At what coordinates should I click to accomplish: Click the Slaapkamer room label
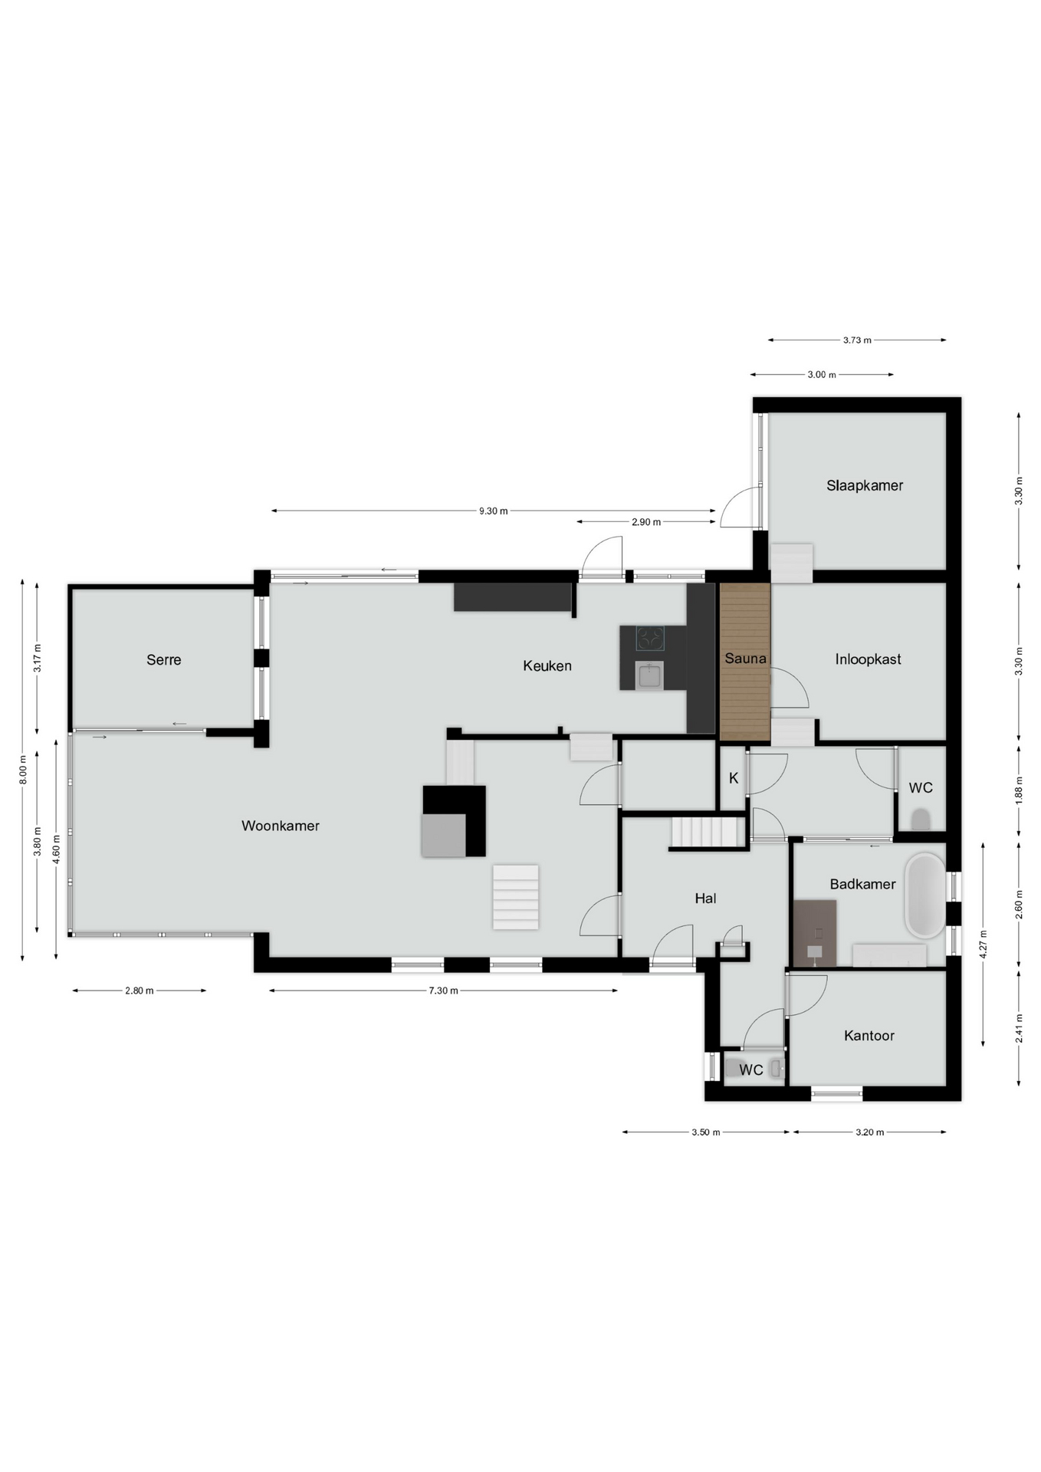click(x=865, y=485)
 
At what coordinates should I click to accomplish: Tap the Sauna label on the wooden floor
click(x=745, y=658)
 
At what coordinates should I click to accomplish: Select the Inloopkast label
click(x=868, y=659)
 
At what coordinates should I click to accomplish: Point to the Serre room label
click(x=164, y=659)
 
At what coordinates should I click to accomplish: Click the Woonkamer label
click(x=281, y=826)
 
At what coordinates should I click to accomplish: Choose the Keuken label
click(x=547, y=665)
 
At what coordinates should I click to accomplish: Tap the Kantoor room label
click(x=869, y=1036)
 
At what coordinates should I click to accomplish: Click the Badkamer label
click(x=862, y=884)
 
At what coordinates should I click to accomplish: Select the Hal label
click(x=705, y=898)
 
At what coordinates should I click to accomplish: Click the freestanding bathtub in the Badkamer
click(x=925, y=895)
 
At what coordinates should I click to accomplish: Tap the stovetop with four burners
click(x=650, y=638)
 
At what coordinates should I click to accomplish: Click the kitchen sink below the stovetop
click(x=650, y=675)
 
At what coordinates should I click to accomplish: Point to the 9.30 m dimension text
click(x=493, y=511)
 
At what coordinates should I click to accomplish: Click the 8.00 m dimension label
click(x=24, y=769)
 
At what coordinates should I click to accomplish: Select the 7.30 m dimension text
click(x=443, y=991)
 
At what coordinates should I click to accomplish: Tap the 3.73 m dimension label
click(x=857, y=340)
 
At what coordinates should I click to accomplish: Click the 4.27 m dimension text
click(x=984, y=944)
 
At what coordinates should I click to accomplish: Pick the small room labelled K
click(x=734, y=778)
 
